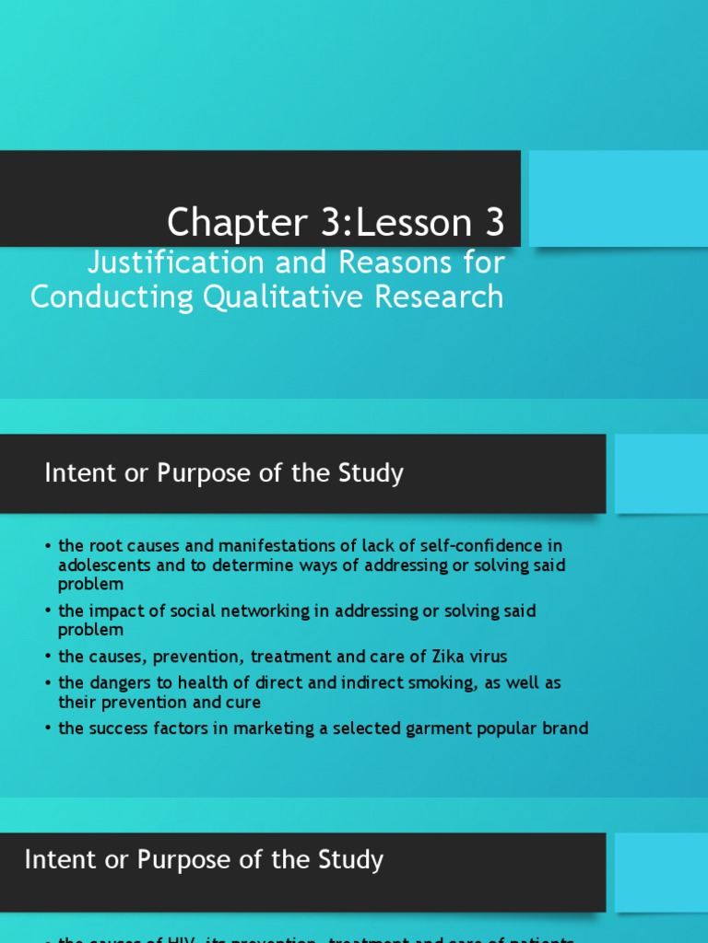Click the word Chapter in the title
[x=222, y=223]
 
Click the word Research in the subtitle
[x=451, y=297]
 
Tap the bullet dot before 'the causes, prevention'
[x=47, y=658]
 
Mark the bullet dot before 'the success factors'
[x=47, y=729]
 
